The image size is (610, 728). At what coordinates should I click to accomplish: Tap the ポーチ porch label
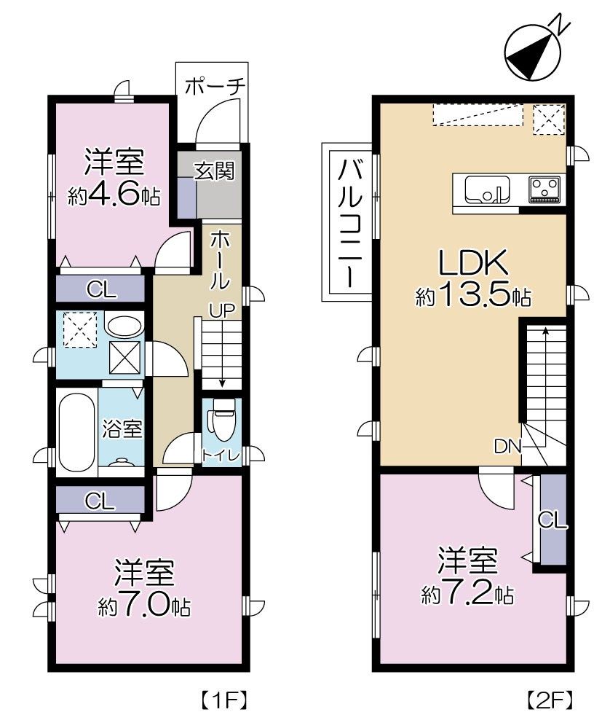214,87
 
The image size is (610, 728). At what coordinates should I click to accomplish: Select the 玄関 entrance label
214,172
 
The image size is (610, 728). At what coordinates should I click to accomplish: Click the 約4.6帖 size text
114,196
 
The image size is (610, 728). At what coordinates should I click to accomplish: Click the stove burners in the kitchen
544,189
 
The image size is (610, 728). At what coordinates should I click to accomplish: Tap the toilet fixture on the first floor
221,425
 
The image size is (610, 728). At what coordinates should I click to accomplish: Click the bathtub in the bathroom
76,431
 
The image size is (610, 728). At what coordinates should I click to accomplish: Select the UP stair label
221,311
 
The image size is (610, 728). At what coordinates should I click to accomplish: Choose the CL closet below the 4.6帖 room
100,289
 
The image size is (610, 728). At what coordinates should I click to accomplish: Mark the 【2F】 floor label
548,701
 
